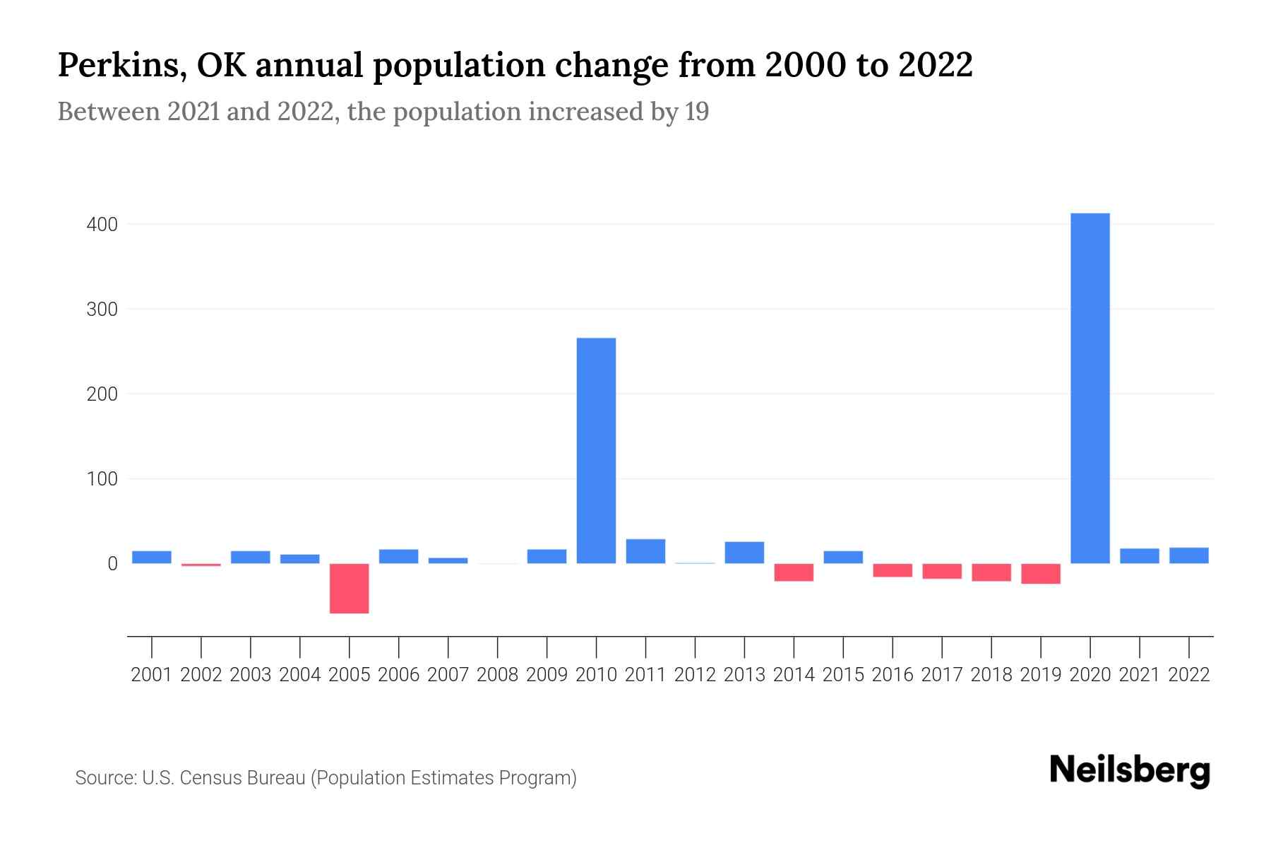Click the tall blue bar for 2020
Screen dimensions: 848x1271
(x=1090, y=388)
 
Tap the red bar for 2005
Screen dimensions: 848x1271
(x=349, y=588)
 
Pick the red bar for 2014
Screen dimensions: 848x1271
(x=794, y=572)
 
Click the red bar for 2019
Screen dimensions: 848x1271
(x=1040, y=574)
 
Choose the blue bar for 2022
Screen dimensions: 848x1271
(x=1188, y=555)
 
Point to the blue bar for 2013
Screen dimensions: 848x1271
(x=744, y=553)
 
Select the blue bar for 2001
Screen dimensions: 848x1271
(x=152, y=557)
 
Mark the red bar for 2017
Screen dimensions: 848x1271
(x=941, y=571)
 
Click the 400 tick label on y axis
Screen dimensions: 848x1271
(x=102, y=225)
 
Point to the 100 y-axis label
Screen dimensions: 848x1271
(x=102, y=479)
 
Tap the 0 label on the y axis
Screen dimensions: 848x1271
(x=112, y=564)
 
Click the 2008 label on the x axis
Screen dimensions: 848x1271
(x=497, y=675)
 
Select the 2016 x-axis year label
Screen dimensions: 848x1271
(x=892, y=675)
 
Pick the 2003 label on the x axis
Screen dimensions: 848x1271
(x=251, y=675)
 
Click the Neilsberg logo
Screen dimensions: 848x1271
(x=1129, y=771)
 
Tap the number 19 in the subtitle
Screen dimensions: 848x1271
(x=696, y=112)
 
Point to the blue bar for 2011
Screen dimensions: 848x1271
(x=645, y=551)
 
